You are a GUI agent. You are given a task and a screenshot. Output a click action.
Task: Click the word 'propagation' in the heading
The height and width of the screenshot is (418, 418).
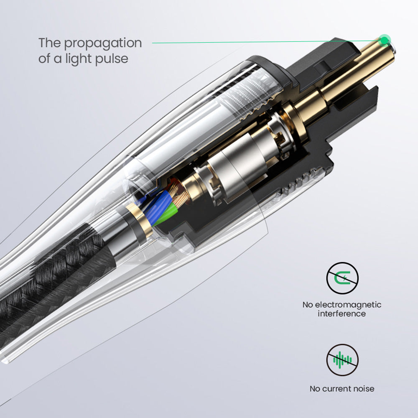103,43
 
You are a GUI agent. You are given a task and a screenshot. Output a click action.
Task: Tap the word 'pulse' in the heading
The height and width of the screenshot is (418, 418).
112,59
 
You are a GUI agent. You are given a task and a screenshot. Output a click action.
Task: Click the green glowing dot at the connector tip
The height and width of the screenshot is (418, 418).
385,41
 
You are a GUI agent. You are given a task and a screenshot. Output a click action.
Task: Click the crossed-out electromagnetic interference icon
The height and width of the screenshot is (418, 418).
342,278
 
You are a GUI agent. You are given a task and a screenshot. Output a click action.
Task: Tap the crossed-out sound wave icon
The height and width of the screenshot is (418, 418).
342,359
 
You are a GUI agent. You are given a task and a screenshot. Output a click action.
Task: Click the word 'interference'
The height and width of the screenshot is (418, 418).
342,314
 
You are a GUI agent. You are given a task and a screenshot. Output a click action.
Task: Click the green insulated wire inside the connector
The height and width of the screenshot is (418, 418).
167,213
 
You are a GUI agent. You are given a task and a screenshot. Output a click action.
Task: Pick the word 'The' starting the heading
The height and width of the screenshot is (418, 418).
50,43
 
